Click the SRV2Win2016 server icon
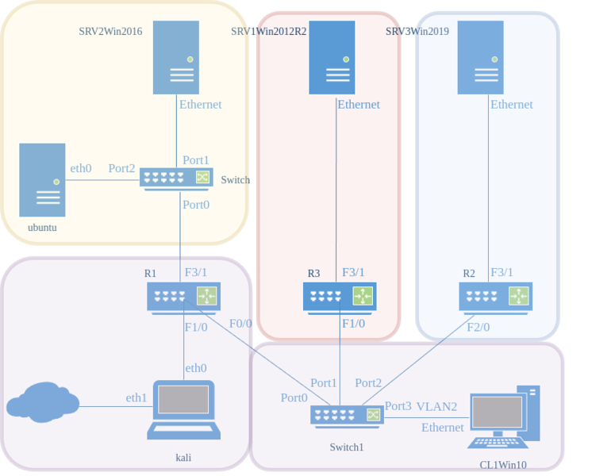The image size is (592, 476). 176,58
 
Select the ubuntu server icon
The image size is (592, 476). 42,181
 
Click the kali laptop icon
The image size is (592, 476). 184,410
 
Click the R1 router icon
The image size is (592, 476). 183,297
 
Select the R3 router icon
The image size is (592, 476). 339,297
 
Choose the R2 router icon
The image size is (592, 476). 495,297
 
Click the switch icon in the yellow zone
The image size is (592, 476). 176,178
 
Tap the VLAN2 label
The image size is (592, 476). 436,407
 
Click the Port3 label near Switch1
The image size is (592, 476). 398,406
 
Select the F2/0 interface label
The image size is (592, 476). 478,327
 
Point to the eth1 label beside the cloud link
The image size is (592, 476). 136,397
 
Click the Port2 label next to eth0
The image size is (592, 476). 121,168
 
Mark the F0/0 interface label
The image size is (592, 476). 240,324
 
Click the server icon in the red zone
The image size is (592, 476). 332,58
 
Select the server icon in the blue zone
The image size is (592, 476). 480,58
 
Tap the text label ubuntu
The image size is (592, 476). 42,228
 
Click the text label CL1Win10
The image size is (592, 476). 504,465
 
